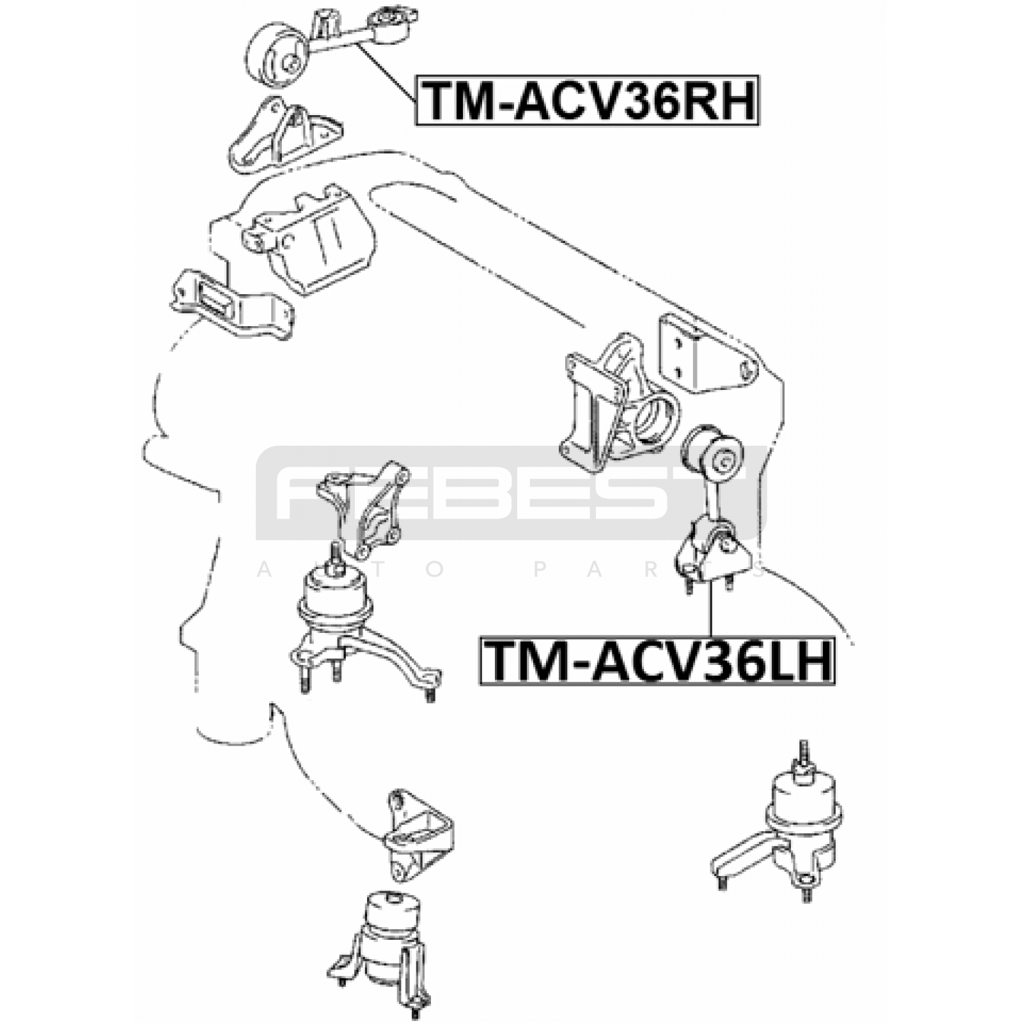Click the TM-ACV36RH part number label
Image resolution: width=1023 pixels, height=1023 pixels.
click(588, 100)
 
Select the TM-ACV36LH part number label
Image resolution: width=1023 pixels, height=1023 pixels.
click(657, 661)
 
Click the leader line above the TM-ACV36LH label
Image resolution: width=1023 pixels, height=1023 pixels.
click(709, 607)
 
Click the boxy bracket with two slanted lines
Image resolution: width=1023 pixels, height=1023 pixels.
click(309, 240)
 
